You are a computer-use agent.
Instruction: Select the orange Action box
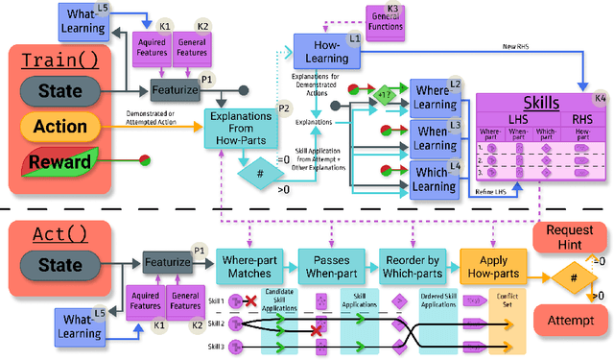[x=60, y=126]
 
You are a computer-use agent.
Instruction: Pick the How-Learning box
[x=326, y=50]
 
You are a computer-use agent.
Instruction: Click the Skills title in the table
[x=541, y=103]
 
